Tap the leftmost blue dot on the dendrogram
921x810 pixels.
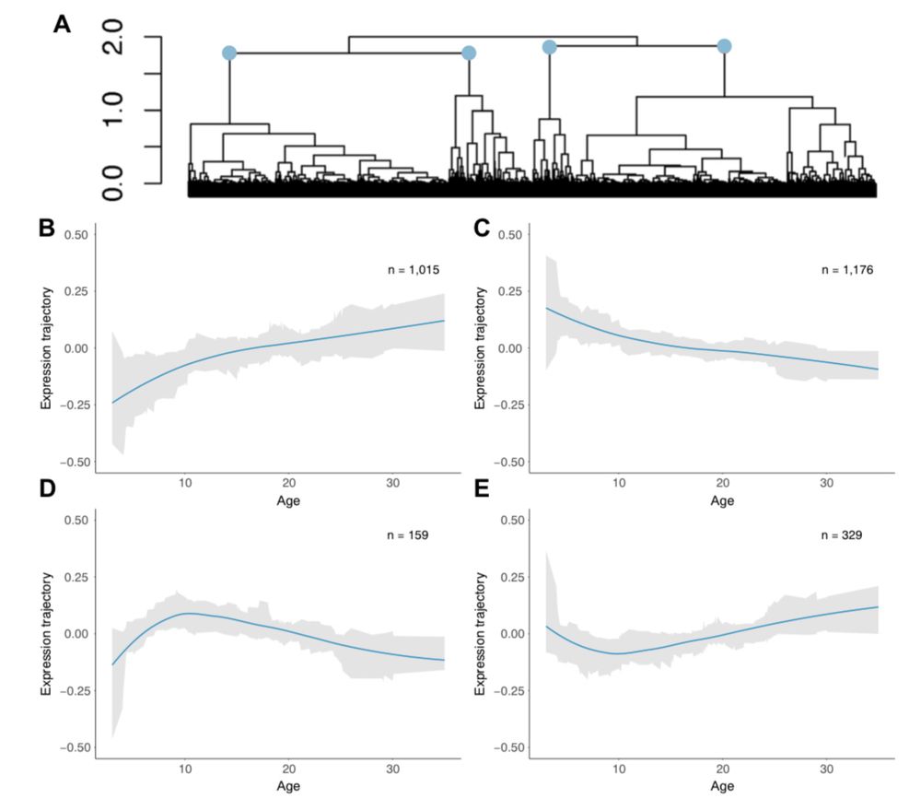[229, 54]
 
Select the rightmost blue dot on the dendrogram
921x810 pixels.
[724, 46]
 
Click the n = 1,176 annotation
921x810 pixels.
[846, 270]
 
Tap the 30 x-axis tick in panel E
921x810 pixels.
[826, 769]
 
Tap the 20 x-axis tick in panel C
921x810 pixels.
[722, 483]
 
